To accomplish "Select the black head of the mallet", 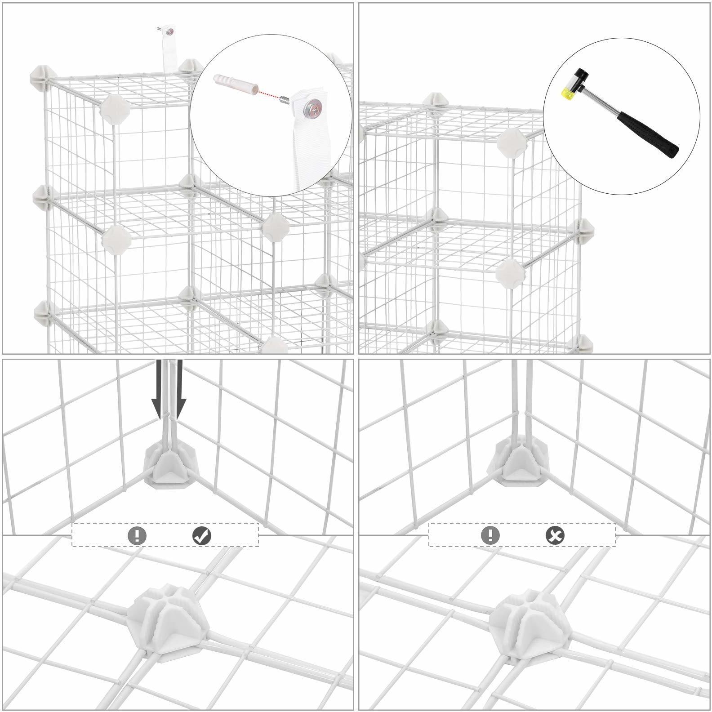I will [x=583, y=73].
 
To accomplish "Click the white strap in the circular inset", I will [x=310, y=148].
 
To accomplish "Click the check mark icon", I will [x=202, y=535].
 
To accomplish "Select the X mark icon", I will [x=556, y=535].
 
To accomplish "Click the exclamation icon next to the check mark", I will [x=137, y=535].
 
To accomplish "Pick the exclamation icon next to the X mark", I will [x=490, y=535].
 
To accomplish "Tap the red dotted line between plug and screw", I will [x=267, y=94].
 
